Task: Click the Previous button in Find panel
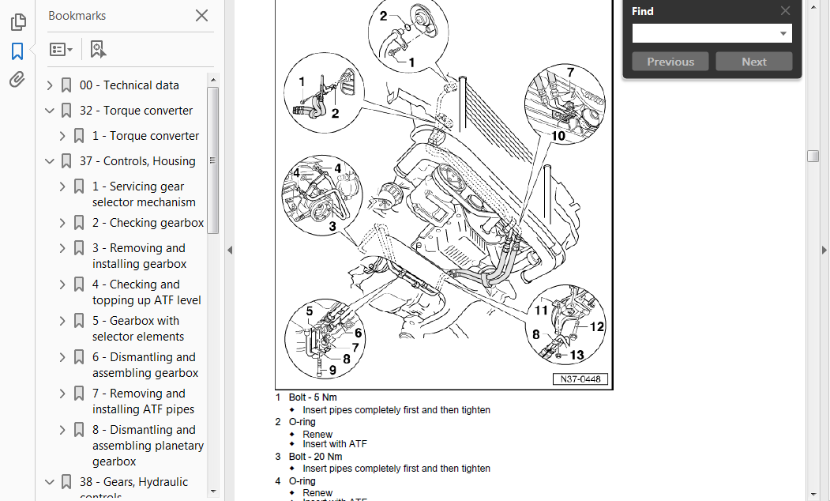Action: [x=670, y=62]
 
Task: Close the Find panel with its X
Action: [x=785, y=11]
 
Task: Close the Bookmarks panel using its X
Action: [x=201, y=15]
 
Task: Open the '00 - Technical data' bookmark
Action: [x=129, y=85]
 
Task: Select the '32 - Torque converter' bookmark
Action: [x=136, y=111]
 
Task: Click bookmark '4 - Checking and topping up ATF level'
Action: [x=146, y=292]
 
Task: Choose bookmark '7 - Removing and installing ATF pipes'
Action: [x=143, y=401]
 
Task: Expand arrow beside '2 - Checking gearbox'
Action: [x=62, y=223]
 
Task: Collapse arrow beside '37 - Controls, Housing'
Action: [x=50, y=161]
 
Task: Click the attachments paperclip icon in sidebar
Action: [x=17, y=80]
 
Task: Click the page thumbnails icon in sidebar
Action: [x=17, y=22]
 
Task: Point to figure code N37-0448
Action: [x=580, y=379]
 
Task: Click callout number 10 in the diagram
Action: [x=558, y=135]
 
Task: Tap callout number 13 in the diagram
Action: [x=577, y=356]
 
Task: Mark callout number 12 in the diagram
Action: [x=597, y=326]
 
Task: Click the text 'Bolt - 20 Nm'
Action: [x=315, y=457]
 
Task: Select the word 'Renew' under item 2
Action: [x=317, y=435]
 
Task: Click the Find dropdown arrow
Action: [x=783, y=33]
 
